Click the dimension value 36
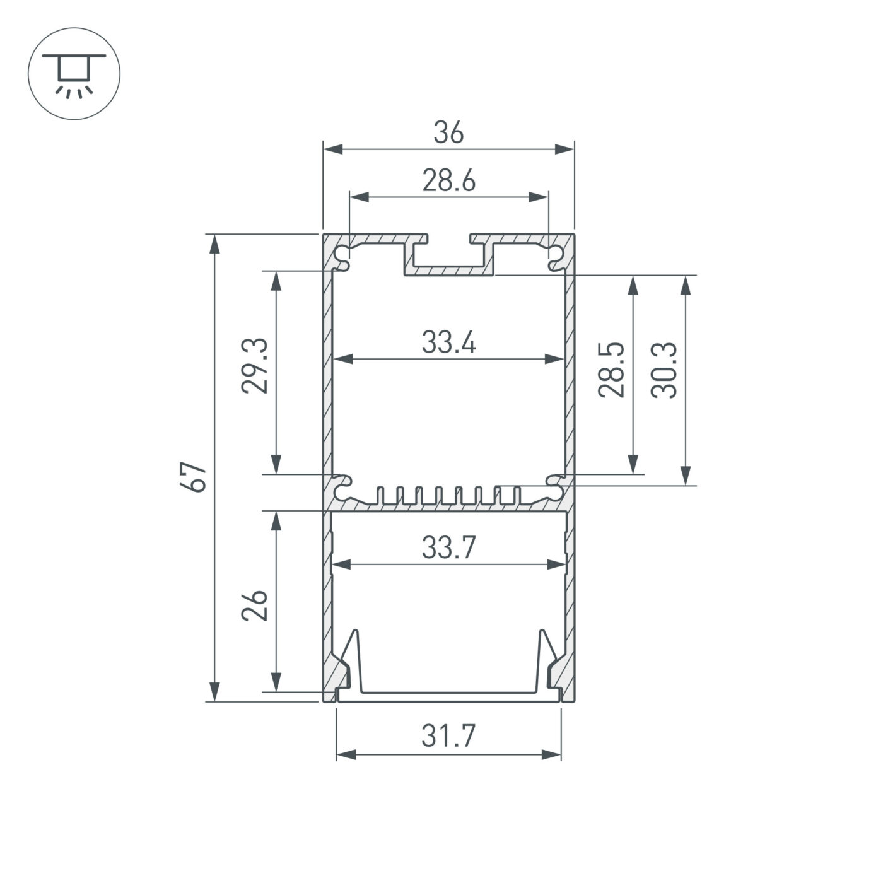click(448, 133)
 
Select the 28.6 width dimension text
click(448, 181)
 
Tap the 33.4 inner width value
click(448, 343)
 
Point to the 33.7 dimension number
click(448, 548)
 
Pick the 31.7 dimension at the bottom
click(448, 736)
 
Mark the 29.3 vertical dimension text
click(255, 366)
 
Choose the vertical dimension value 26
click(255, 606)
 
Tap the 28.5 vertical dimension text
click(611, 370)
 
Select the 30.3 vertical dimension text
click(664, 370)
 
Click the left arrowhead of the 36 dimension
click(332, 149)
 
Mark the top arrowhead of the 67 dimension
click(215, 243)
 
